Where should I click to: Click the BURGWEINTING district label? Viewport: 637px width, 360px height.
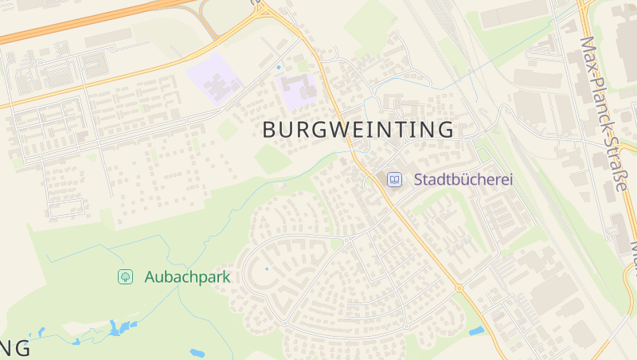point(358,129)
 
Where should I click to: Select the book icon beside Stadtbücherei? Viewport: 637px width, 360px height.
point(394,180)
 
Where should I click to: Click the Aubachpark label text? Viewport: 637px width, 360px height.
point(187,277)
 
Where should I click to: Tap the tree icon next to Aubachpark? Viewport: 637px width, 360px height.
point(125,277)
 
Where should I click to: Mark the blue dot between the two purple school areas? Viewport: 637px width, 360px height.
point(278,68)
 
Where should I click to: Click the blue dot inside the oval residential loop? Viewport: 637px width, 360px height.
point(266,269)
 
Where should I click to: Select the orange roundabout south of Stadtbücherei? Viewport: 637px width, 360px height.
point(459,288)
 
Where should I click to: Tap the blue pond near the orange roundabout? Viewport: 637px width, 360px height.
point(476,331)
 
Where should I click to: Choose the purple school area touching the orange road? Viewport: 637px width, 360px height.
point(300,91)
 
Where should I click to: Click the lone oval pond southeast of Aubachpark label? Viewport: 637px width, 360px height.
point(197,353)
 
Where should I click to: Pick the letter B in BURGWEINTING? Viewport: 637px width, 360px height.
point(269,129)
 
